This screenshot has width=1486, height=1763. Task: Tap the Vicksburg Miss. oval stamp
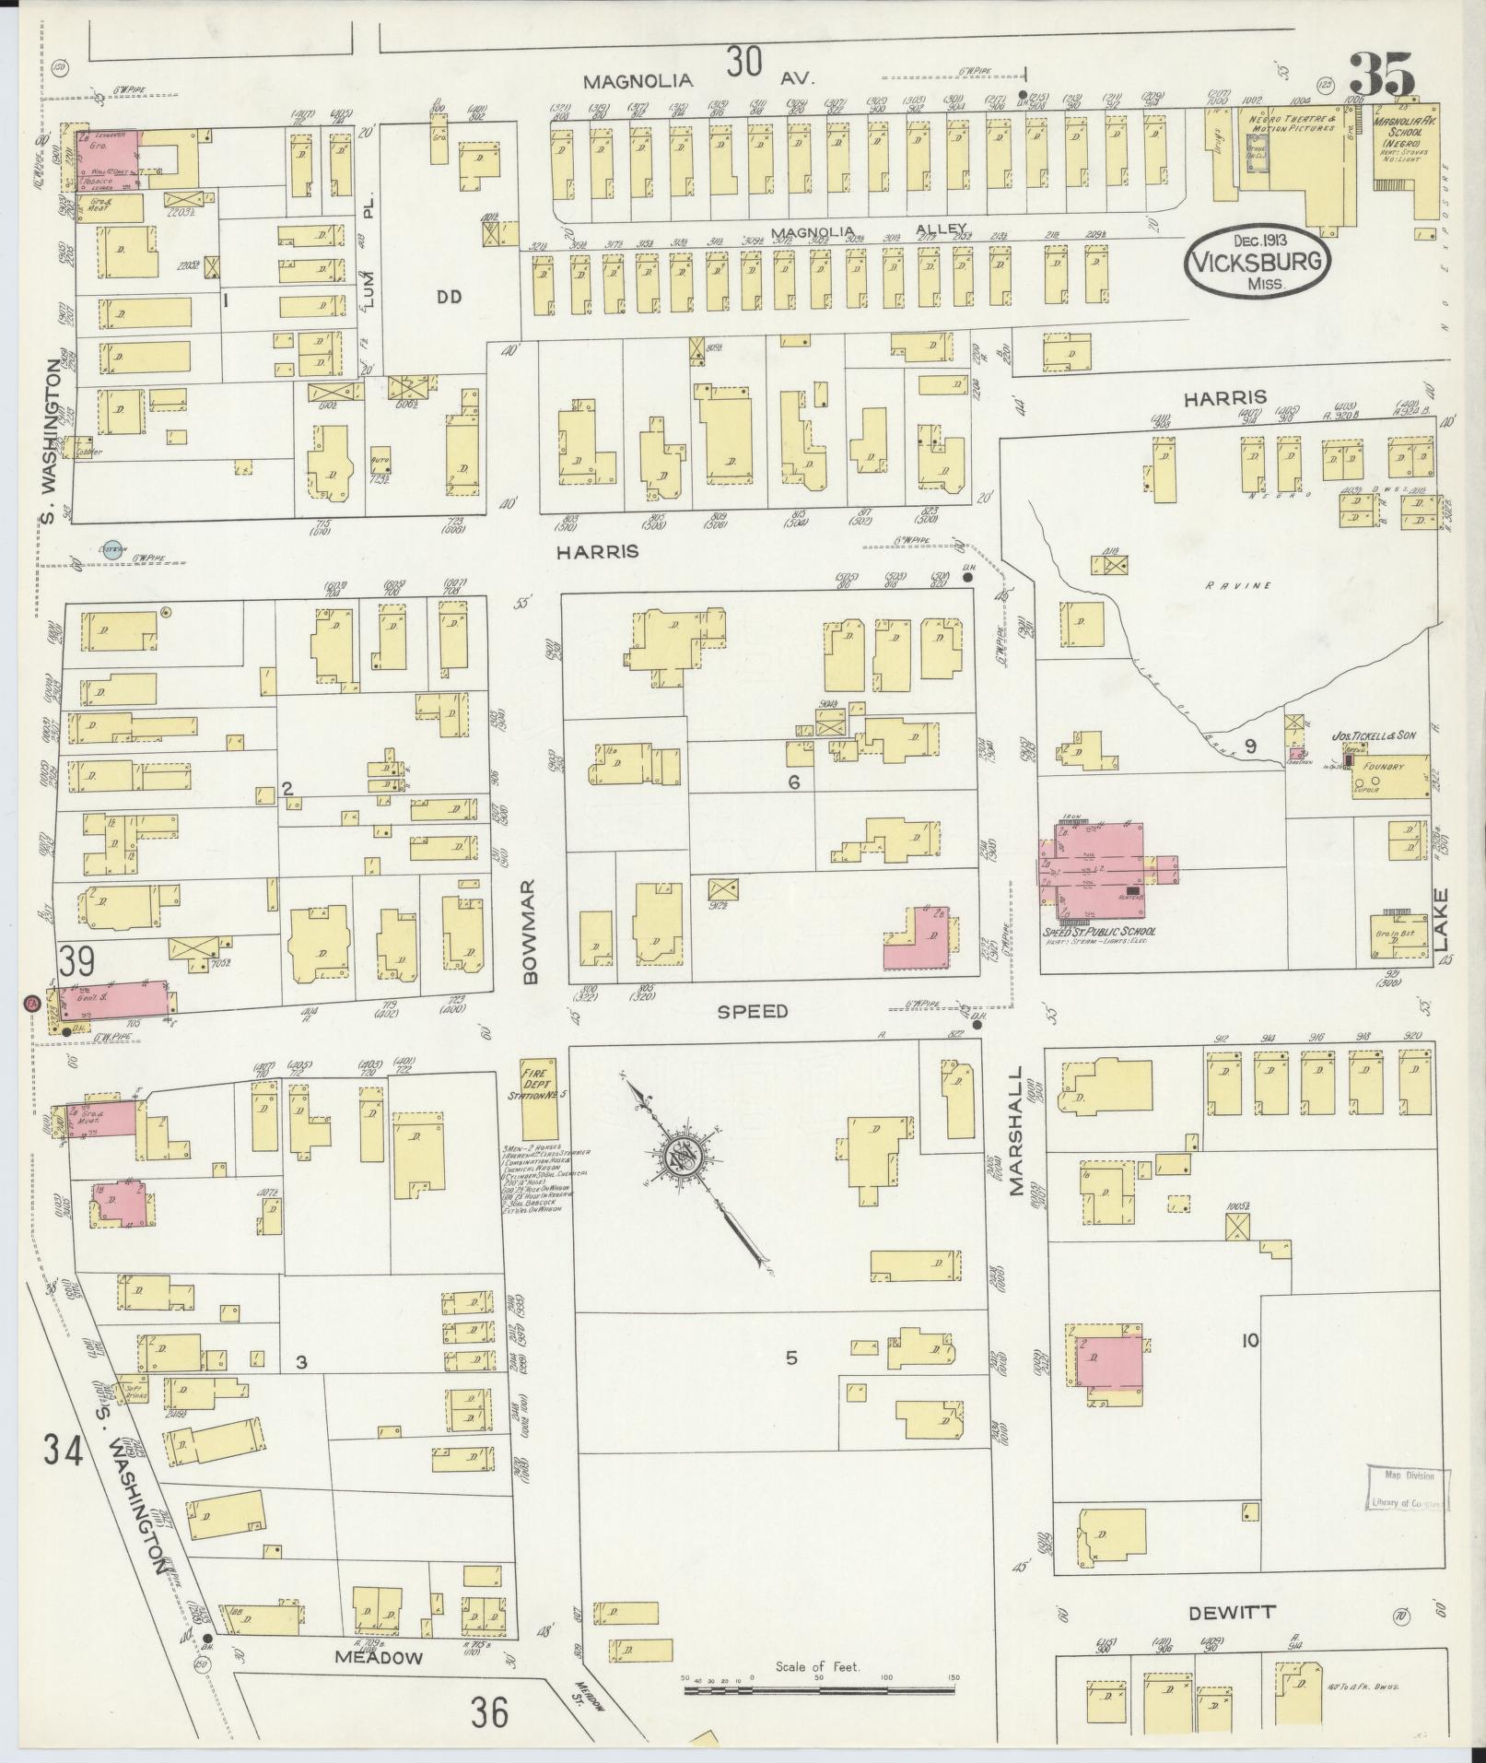[x=1257, y=262]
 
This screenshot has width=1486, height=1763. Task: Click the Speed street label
[x=753, y=1011]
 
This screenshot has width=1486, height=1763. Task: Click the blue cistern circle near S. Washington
[x=112, y=550]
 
